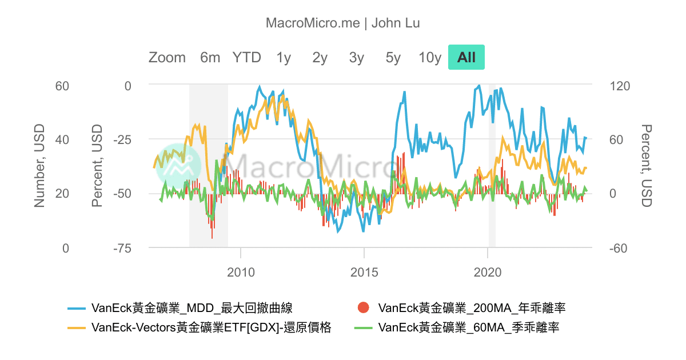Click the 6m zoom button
pos(210,57)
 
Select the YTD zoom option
pos(246,57)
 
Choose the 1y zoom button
pos(284,57)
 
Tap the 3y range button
pos(357,57)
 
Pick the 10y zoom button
pos(430,57)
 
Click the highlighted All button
pos(466,57)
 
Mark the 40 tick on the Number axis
pos(61,139)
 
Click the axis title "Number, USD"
pos(39,166)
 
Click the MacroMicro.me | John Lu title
pos(343,23)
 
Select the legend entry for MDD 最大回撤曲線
pos(192,309)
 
